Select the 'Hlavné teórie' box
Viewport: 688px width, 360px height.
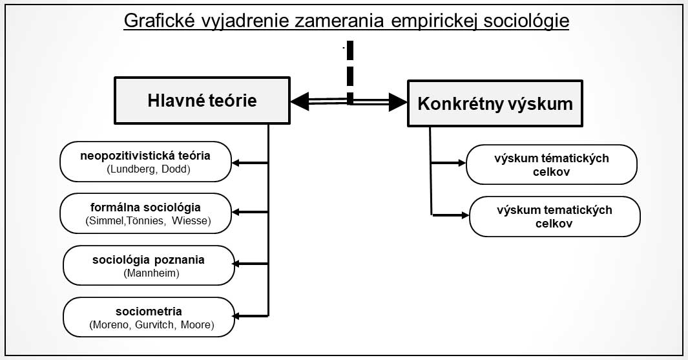tap(202, 101)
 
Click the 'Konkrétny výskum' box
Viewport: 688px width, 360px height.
tap(495, 103)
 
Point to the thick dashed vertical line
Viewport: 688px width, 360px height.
tap(349, 73)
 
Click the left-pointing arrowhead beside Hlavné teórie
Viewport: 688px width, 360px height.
tap(300, 101)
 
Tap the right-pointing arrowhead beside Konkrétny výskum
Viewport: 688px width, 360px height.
tap(398, 102)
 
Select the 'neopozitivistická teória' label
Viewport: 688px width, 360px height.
tap(145, 155)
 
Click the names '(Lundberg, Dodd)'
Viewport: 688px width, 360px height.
tap(149, 169)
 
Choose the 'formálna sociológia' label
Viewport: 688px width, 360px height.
tap(145, 207)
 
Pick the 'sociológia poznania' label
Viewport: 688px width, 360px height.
tap(149, 259)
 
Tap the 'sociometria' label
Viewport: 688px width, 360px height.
tap(149, 312)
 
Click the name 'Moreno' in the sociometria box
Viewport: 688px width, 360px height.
tap(112, 325)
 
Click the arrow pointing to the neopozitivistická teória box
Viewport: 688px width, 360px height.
tap(249, 163)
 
